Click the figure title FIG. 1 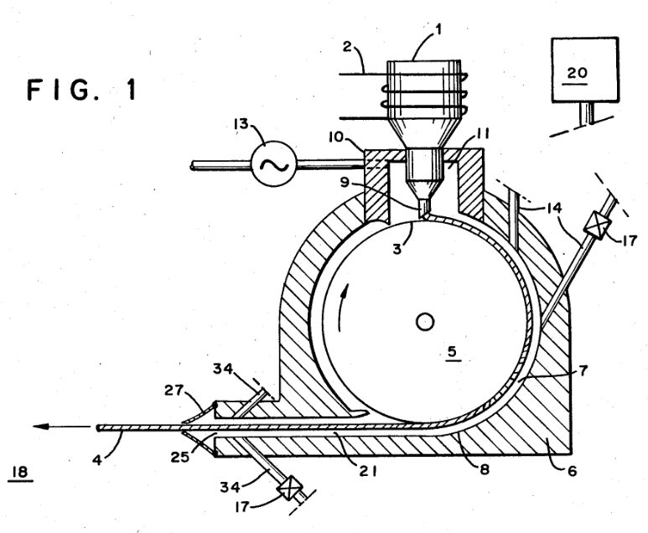(x=82, y=90)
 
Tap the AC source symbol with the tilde (x=274, y=164)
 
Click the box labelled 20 (x=585, y=70)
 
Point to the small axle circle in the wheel (x=424, y=322)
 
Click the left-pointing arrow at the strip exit (x=62, y=427)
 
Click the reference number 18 (x=20, y=472)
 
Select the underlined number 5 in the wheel (x=452, y=353)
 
